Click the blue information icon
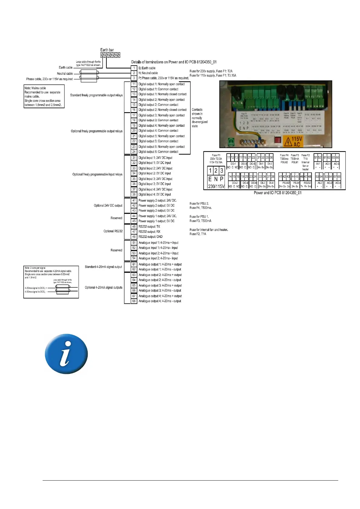[x=66, y=354]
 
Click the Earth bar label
[x=107, y=50]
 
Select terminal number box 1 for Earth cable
[x=134, y=68]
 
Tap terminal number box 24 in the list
[x=134, y=152]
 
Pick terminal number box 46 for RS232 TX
[x=134, y=226]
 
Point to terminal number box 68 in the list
[x=134, y=301]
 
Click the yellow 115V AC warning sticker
[x=293, y=141]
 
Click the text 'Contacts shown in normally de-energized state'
[x=199, y=118]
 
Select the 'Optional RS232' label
[x=113, y=231]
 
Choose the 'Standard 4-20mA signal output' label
[x=103, y=267]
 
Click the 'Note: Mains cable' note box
[x=44, y=96]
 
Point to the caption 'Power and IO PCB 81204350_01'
[x=277, y=193]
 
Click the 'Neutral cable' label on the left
[x=65, y=73]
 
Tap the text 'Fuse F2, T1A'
[x=198, y=234]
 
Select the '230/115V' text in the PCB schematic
[x=216, y=186]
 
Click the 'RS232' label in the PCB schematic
[x=307, y=183]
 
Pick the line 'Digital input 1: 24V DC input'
[x=155, y=158]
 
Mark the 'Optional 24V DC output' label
[x=108, y=206]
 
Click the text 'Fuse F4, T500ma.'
[x=201, y=208]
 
